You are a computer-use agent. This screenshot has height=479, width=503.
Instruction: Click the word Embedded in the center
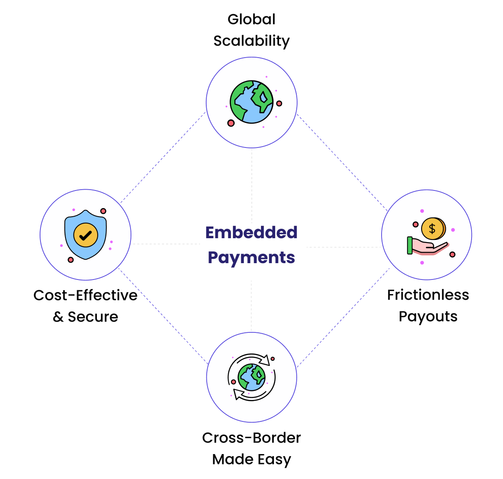(x=251, y=233)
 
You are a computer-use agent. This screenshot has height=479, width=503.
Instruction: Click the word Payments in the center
(x=251, y=258)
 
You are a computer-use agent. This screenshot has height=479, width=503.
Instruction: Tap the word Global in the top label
(x=251, y=19)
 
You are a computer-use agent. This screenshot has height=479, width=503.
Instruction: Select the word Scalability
(x=251, y=41)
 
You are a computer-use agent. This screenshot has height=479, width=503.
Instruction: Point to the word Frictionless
(x=428, y=295)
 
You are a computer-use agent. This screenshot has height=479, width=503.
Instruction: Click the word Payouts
(x=428, y=316)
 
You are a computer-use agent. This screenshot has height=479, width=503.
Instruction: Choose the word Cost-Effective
(x=85, y=295)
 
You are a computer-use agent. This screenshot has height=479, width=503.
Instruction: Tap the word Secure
(x=93, y=317)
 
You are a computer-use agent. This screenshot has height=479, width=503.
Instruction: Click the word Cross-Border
(x=251, y=438)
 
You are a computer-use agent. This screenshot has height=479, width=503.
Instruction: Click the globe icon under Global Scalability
(x=251, y=102)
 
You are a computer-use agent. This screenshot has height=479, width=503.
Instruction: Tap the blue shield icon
(x=86, y=235)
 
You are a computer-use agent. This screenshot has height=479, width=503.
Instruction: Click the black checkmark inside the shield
(x=86, y=235)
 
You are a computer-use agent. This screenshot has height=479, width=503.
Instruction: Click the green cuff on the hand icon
(x=410, y=246)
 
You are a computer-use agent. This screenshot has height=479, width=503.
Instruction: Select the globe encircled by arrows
(x=251, y=377)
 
